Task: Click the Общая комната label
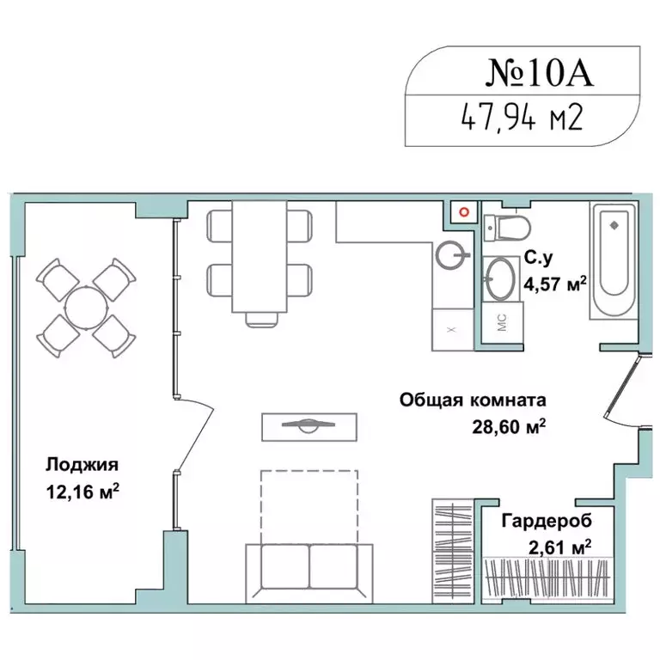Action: click(473, 400)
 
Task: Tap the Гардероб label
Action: click(546, 521)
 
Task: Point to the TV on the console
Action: click(309, 425)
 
